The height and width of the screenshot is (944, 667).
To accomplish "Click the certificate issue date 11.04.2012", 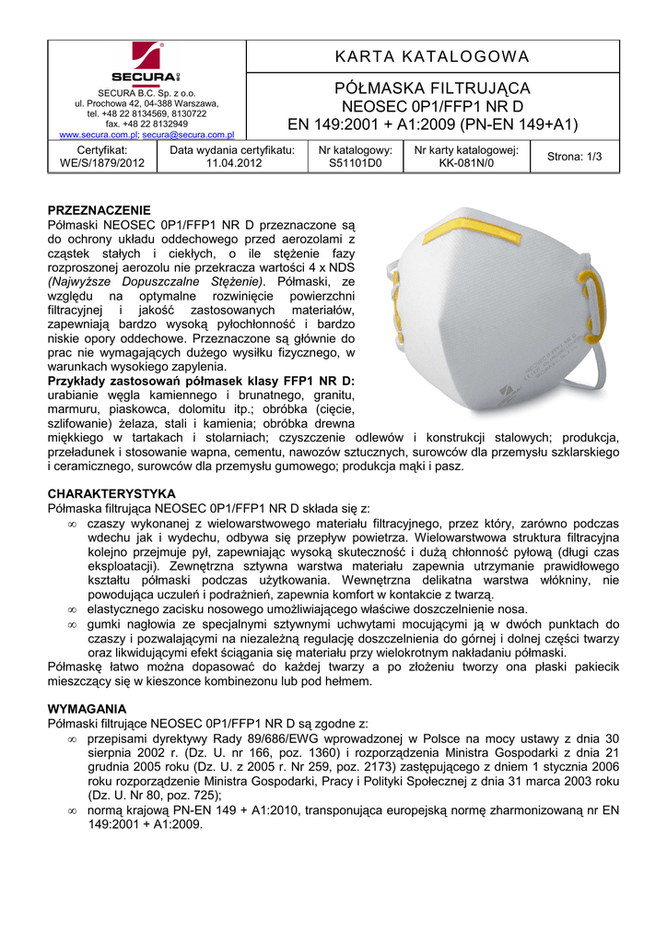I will [234, 163].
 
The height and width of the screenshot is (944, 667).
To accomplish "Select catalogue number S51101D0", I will [356, 163].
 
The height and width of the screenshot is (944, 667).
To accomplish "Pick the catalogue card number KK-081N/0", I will [466, 163].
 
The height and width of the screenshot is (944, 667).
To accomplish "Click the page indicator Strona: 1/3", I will [574, 157].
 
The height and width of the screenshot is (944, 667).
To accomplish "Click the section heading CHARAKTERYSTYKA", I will [111, 494].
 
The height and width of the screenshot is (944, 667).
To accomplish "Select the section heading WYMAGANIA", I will [87, 708].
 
